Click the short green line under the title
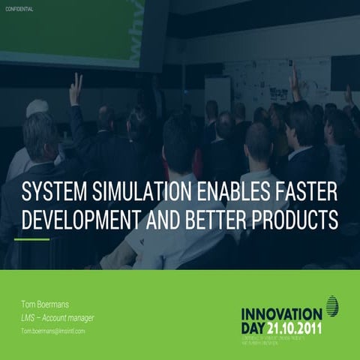pos(32,240)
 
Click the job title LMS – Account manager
pos(57,317)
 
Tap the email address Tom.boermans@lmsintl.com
pos(52,330)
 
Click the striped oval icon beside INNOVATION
pos(331,305)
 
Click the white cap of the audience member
pos(37,108)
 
